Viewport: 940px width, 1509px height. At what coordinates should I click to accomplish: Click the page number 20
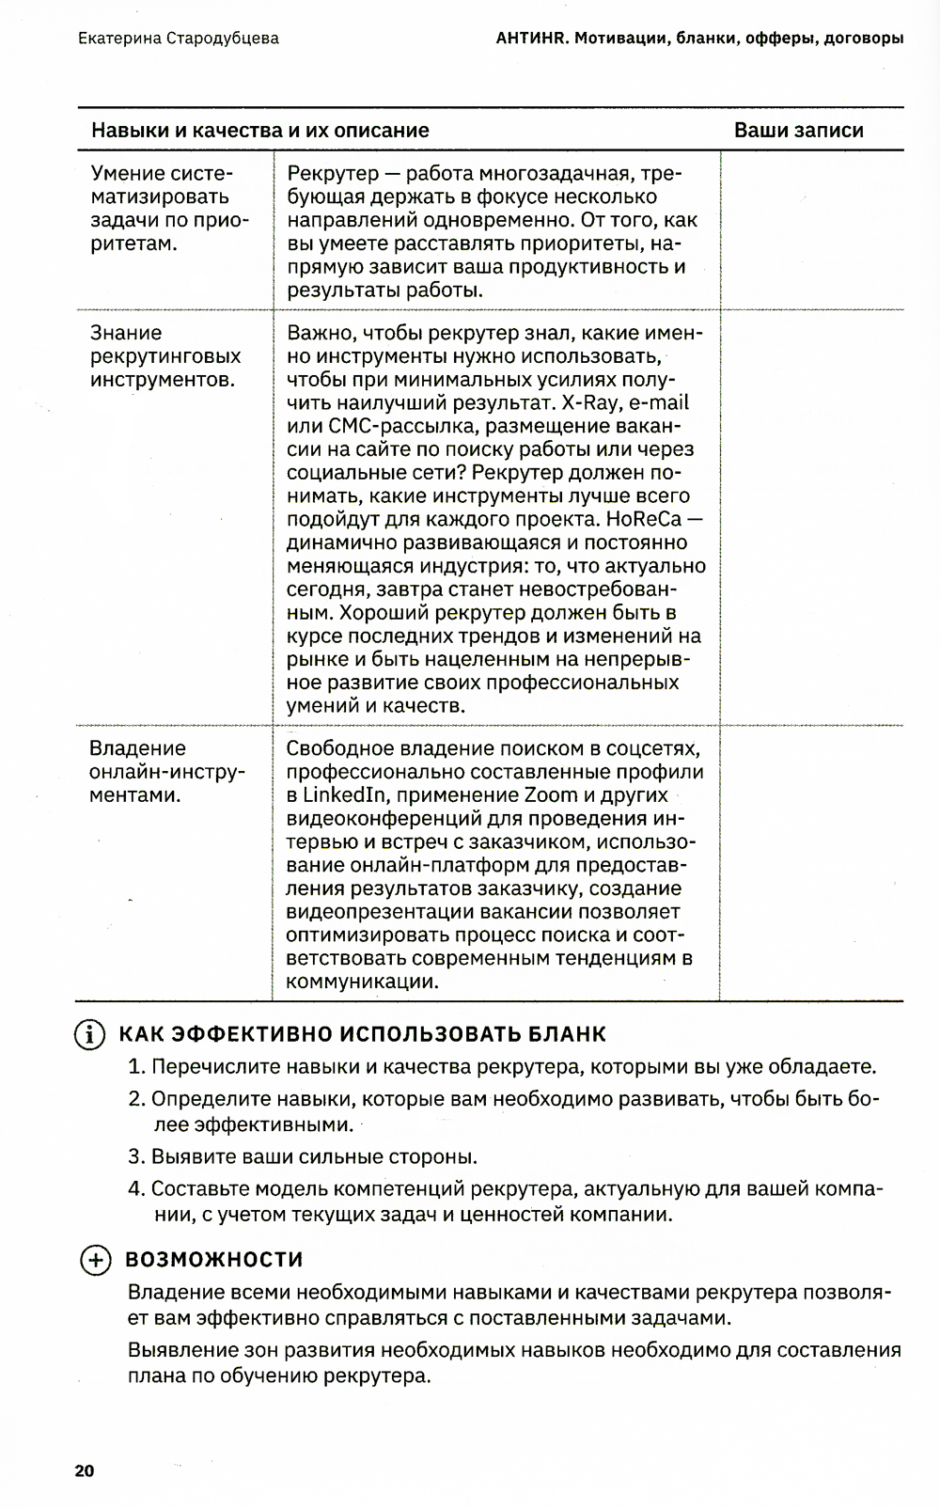85,1470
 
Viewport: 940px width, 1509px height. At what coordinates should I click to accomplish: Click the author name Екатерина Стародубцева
180,39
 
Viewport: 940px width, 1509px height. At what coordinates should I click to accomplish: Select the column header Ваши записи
798,131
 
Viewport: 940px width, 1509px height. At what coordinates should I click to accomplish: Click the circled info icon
90,1035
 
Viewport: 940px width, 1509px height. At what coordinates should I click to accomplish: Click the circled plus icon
95,1260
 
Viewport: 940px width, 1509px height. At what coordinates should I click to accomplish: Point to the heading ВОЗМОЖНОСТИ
214,1259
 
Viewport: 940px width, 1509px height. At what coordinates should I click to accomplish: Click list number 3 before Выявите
133,1156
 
